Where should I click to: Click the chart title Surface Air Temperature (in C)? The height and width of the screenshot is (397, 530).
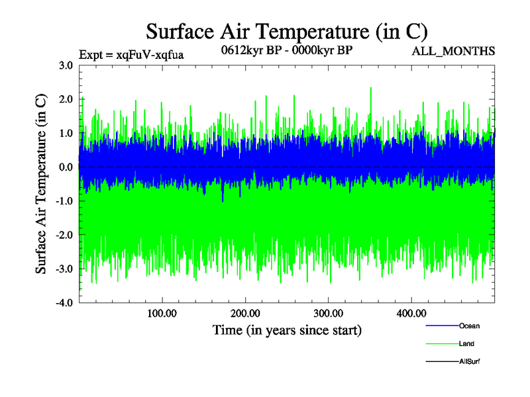point(287,31)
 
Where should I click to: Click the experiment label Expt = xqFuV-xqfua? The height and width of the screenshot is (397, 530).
point(131,54)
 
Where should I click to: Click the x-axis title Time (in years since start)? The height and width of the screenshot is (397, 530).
point(287,329)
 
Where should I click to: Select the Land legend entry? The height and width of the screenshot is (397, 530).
point(466,343)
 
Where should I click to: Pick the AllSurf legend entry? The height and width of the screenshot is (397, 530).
point(468,361)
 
